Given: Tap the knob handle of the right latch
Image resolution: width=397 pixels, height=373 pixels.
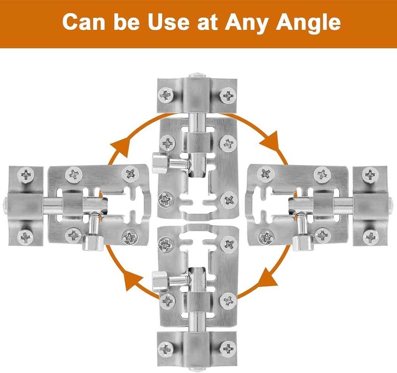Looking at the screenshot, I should pyautogui.click(x=303, y=242).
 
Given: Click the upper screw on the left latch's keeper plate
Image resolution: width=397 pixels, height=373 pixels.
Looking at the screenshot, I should pyautogui.click(x=26, y=175).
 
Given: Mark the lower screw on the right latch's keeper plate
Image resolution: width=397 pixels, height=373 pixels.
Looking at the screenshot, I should pyautogui.click(x=370, y=236).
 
